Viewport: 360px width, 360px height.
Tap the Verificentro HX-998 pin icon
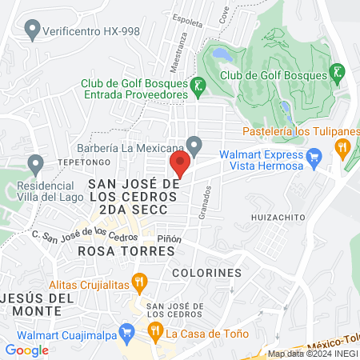33,31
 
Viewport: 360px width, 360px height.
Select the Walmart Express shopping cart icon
314,155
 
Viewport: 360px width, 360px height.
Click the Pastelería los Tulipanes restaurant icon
342,146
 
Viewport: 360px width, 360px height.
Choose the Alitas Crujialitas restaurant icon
140,281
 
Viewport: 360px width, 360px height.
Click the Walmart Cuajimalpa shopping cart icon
126,330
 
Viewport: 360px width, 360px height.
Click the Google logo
26,350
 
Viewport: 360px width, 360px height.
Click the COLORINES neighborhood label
206,273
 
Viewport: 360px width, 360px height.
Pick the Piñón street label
170,238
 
